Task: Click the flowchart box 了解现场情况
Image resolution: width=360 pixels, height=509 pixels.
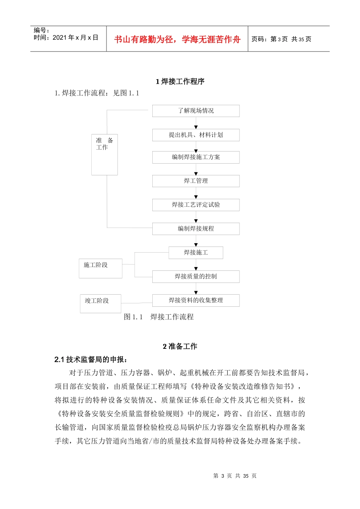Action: click(196, 111)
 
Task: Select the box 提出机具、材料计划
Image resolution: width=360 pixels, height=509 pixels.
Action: click(196, 135)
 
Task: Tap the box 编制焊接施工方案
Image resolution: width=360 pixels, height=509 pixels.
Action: click(196, 157)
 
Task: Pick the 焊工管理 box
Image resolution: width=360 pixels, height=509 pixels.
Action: click(196, 181)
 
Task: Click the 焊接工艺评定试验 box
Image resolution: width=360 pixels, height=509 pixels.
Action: click(196, 205)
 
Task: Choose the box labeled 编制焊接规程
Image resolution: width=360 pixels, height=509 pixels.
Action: click(196, 229)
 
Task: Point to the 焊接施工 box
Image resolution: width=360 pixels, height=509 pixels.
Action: click(196, 253)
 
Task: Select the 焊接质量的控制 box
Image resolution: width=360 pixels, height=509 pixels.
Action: click(196, 276)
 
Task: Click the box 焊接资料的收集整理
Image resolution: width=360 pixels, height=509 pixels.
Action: click(196, 300)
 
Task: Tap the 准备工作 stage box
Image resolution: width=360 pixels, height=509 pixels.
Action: click(105, 154)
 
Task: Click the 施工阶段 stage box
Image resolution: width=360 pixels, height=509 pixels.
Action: click(100, 268)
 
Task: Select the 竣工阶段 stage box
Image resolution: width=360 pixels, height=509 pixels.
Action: click(100, 303)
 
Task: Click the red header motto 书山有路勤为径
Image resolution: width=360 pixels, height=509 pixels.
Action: click(177, 39)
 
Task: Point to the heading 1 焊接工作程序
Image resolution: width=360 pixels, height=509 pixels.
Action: click(180, 81)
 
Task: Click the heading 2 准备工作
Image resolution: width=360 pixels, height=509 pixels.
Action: click(180, 346)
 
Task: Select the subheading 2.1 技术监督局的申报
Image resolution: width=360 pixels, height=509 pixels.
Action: click(91, 359)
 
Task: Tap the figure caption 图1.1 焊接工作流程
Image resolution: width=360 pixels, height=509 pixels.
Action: click(159, 317)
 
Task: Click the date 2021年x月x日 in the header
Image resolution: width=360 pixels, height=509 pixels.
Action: click(66, 37)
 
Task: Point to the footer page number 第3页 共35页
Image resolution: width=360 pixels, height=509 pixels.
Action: click(235, 476)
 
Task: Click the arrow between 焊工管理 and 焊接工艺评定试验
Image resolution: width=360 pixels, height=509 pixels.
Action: click(196, 194)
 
